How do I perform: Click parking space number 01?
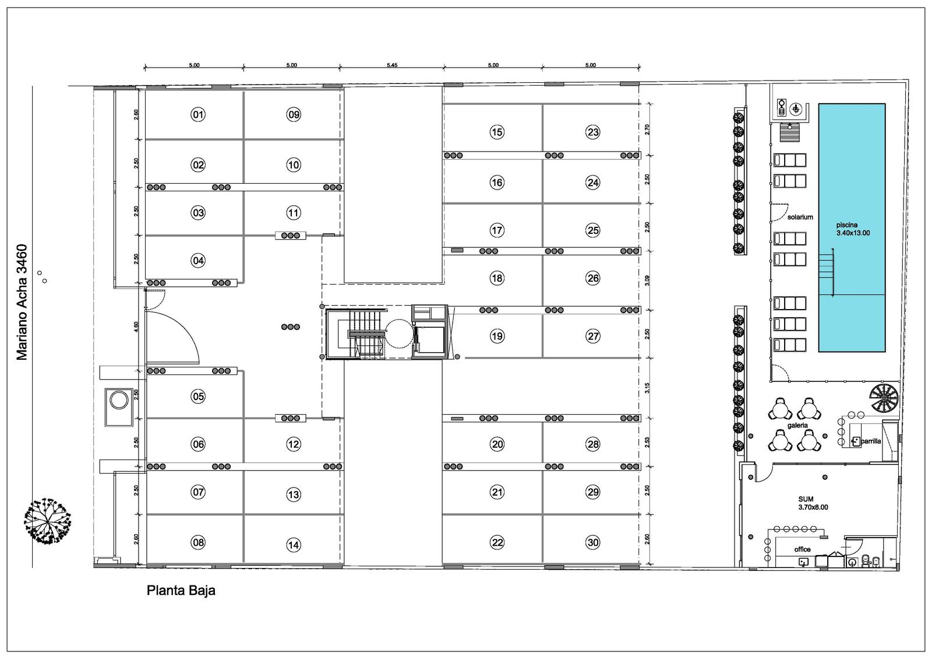coord(198,114)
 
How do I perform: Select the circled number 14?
coord(294,545)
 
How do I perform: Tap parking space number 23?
coord(592,132)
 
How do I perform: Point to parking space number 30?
coord(592,542)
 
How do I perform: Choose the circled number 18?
coord(497,278)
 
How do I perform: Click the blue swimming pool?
coord(852,228)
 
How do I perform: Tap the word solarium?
coord(800,217)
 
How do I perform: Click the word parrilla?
coord(871,441)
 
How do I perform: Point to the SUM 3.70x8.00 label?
coord(813,503)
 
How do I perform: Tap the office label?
coord(802,549)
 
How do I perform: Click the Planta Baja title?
coord(181,591)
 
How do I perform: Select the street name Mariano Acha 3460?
coord(22,302)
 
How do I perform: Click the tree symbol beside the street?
coord(47,521)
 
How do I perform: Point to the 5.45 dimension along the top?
coord(392,65)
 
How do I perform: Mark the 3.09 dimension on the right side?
coord(647,281)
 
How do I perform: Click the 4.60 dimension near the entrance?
coord(136,327)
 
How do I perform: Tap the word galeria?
coord(797,425)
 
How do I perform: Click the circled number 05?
coord(198,396)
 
